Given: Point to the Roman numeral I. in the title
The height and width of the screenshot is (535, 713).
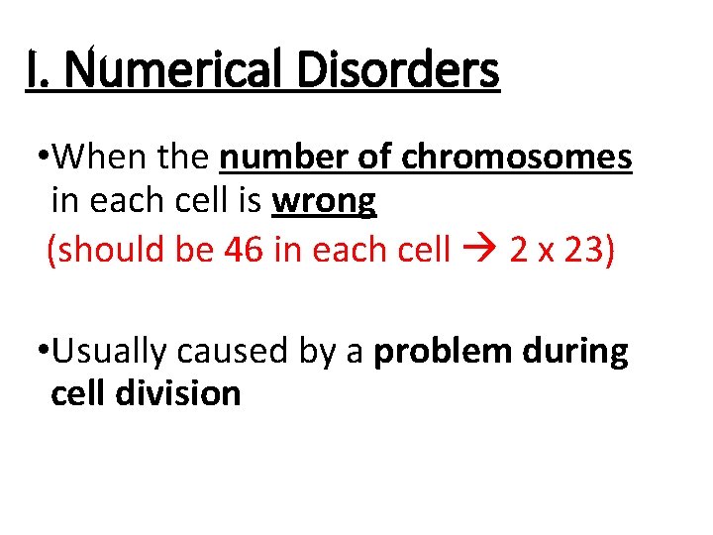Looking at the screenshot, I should [x=39, y=70].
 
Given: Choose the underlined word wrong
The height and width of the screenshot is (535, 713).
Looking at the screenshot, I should [x=324, y=201].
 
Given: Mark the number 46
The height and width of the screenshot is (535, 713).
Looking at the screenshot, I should [x=243, y=250].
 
